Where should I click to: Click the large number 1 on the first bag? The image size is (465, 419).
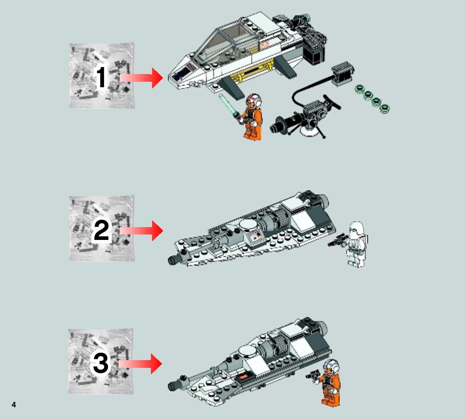(x=101, y=77)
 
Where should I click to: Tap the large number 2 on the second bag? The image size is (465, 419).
(x=101, y=231)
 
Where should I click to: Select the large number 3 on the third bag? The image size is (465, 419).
(x=100, y=363)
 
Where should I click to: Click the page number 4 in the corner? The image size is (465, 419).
(x=14, y=405)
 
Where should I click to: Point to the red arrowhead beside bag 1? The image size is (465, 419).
(x=157, y=78)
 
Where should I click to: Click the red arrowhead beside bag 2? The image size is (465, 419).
(x=157, y=231)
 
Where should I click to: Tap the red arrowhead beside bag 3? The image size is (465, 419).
(x=156, y=364)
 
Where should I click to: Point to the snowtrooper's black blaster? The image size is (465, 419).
(x=337, y=241)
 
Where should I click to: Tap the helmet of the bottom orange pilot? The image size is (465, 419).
(x=331, y=366)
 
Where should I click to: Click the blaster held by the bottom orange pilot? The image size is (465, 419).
(x=312, y=374)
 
